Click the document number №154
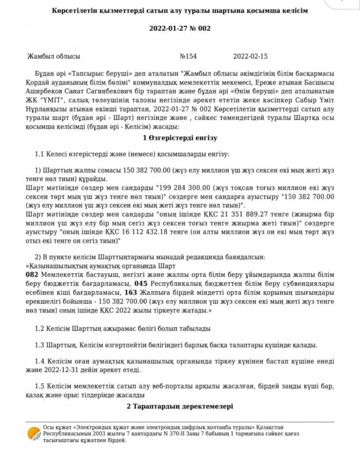[x=188, y=56]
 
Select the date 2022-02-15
[x=251, y=56]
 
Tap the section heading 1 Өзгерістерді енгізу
[x=180, y=138]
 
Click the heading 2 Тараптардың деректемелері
[x=180, y=406]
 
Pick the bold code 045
[x=141, y=283]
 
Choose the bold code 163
[x=131, y=291]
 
